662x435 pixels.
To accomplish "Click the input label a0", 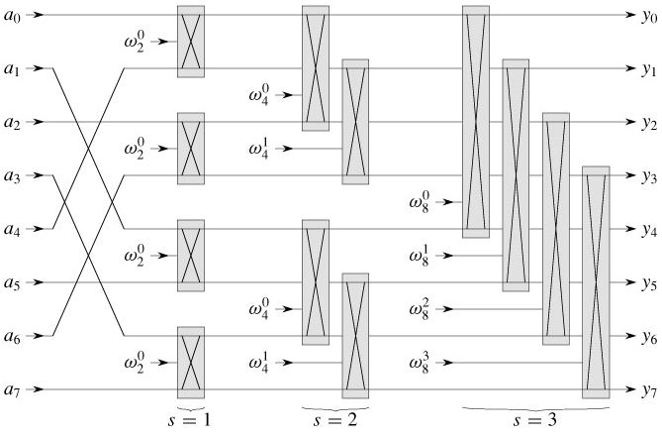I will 11,17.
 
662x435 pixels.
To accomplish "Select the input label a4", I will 11,230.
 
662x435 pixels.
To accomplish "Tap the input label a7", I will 11,391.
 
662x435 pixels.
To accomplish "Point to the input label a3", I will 11,176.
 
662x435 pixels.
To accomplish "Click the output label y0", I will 648,17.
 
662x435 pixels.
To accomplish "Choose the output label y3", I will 648,177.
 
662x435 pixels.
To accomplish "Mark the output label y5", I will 648,284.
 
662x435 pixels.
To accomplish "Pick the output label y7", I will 648,391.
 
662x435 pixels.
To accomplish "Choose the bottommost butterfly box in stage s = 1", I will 191,364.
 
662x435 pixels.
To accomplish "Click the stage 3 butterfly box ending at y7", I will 596,283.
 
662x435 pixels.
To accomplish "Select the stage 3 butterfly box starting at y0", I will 476,123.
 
